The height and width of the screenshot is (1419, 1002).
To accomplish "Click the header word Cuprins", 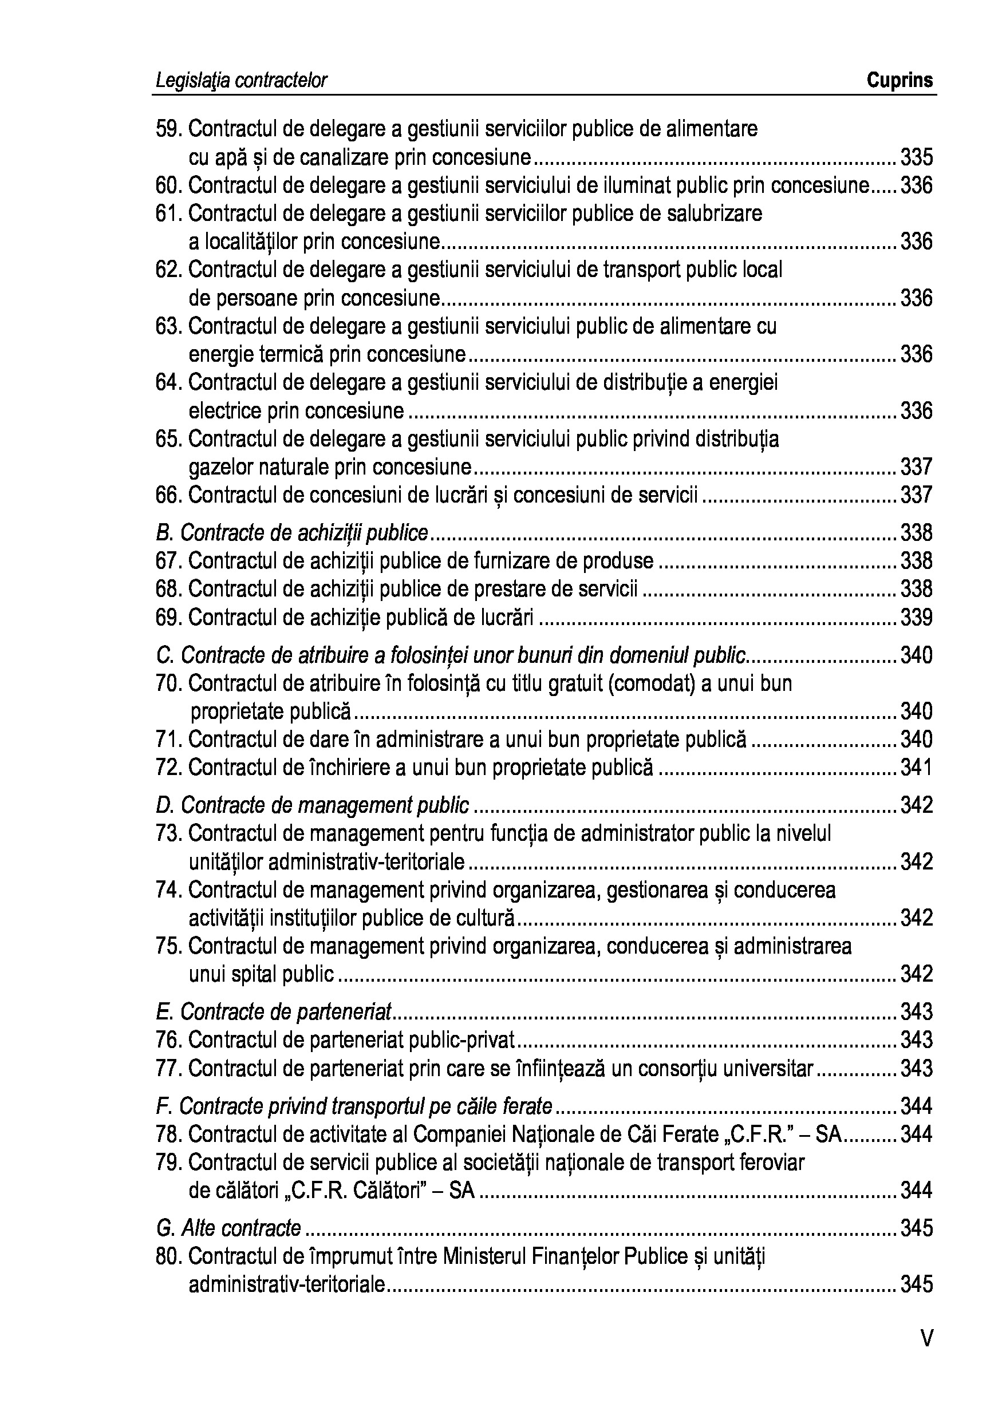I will point(900,80).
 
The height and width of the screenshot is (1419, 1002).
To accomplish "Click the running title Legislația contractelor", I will point(242,80).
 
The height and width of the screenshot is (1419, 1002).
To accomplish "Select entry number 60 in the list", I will point(168,185).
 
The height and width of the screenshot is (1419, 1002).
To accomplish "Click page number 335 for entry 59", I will point(916,157).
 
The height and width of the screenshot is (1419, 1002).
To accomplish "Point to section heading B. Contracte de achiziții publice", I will point(292,533).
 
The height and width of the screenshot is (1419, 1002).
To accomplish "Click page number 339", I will point(916,618).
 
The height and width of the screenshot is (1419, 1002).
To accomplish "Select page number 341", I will point(916,768).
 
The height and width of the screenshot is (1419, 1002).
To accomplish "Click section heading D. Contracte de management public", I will point(313,805).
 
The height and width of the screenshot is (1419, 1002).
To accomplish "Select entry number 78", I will point(168,1134).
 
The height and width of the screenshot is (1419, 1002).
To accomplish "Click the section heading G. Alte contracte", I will point(228,1227).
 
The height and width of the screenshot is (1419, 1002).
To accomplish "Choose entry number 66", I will point(168,495).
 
